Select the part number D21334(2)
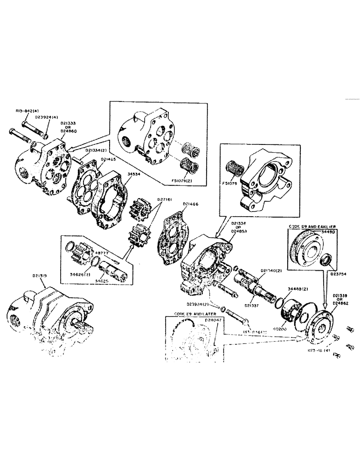click(96, 150)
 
